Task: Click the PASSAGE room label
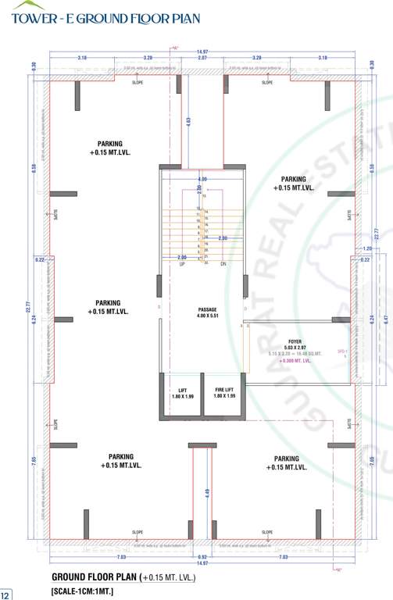pos(207,310)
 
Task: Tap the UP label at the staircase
pos(182,264)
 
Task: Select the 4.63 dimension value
pos(189,122)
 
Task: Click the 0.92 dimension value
pos(202,557)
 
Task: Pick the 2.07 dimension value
pos(202,58)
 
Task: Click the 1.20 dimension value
pos(368,249)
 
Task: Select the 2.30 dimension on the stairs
pos(223,238)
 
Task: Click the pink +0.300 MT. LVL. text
pos(295,361)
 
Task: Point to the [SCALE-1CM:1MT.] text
pos(83,591)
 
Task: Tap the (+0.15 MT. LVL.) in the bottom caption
pos(167,578)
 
